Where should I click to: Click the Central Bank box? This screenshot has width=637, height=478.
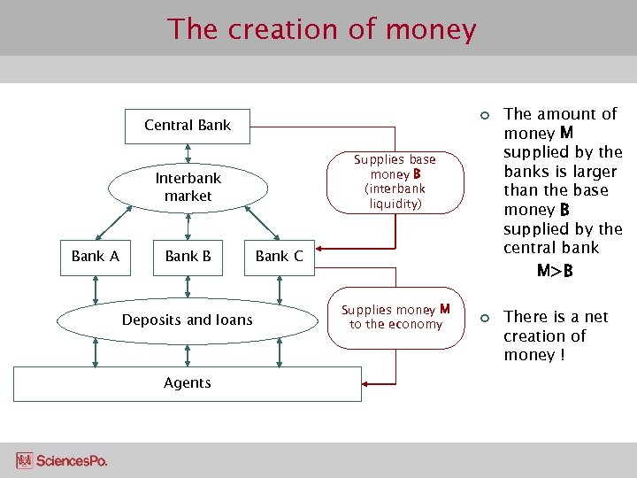point(188,126)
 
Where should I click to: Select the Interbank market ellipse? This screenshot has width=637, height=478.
point(188,187)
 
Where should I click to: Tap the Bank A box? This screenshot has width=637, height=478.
point(95,256)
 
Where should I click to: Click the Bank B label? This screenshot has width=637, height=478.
point(188,256)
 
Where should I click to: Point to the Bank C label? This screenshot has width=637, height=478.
point(279,256)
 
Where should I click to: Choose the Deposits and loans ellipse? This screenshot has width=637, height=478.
point(188,320)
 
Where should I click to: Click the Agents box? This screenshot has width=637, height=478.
point(188,382)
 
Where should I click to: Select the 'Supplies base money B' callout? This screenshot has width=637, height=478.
point(395,181)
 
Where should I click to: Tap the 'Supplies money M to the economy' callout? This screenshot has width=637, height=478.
point(395,317)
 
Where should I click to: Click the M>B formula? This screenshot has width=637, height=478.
point(555,270)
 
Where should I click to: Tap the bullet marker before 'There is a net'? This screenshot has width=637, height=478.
point(484,318)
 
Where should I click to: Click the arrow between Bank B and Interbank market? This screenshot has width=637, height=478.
point(188,225)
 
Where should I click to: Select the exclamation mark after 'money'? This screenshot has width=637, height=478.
point(561,355)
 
